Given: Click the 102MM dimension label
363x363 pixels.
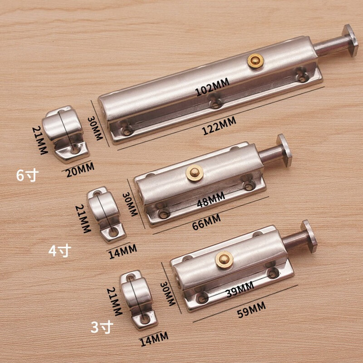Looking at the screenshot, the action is click(212, 87).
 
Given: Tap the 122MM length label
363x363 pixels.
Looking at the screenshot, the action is click(219, 126).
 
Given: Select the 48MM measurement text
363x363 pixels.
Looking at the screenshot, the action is click(211, 200).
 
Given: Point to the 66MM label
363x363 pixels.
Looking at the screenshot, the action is click(206, 222).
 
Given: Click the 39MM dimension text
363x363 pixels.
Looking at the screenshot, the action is click(240, 289).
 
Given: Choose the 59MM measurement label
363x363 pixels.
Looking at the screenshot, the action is click(251, 310).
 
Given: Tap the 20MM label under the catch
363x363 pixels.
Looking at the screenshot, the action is click(80, 170).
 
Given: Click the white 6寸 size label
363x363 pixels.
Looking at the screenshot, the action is click(27, 175).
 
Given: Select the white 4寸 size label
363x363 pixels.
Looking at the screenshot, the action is click(60, 251).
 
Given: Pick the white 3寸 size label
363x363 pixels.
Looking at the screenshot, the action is click(102, 327).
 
